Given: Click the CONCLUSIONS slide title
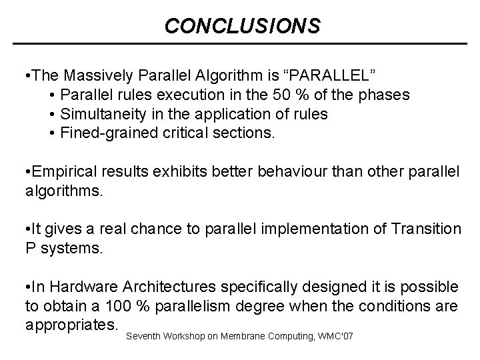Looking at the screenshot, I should click(x=242, y=26).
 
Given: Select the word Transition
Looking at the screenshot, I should click(x=425, y=229).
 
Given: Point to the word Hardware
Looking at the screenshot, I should click(x=88, y=287).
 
